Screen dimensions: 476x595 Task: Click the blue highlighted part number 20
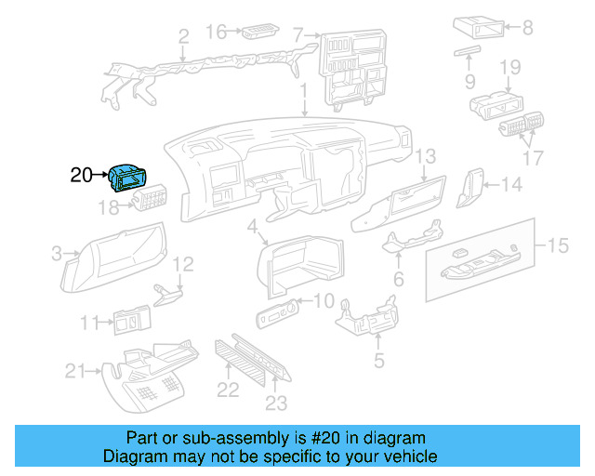(x=127, y=175)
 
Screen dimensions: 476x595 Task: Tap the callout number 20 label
(x=81, y=174)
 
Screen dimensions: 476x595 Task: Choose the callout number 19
(x=509, y=67)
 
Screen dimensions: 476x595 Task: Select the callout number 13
(x=426, y=155)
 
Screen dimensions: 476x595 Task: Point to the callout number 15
(x=557, y=245)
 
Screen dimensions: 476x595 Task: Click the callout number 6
(x=398, y=279)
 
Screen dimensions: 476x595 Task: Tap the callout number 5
(x=378, y=360)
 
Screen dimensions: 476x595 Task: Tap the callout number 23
(x=276, y=403)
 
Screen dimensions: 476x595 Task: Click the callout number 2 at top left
(x=183, y=37)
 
